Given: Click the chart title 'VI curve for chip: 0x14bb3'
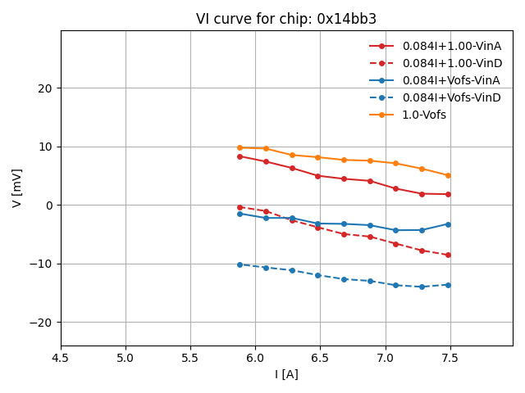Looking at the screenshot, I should pos(286,19).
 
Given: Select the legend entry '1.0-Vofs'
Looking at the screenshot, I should pos(424,115).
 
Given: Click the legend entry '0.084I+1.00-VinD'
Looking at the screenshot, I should pos(452,63).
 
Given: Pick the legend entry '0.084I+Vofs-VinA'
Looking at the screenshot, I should pos(451,80).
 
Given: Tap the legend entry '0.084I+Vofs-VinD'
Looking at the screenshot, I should pos(451,97).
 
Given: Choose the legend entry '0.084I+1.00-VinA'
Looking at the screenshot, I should pos(452,46).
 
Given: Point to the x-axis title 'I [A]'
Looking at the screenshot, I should pos(286,374).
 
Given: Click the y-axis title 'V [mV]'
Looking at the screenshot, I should pos(17,187).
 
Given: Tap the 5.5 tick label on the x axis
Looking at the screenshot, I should pos(190,358).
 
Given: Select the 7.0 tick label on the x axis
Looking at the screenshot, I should pos(386,358).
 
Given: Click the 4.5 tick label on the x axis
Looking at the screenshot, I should pos(61,358).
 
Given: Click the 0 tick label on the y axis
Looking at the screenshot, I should pos(49,206).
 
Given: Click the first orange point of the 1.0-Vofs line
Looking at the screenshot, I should pos(240,147).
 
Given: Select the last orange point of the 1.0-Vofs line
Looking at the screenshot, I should pos(448,175).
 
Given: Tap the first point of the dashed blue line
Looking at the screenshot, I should pos(240,264).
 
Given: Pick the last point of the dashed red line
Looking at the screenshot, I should pos(448,255).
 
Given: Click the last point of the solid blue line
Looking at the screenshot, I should pos(448,224).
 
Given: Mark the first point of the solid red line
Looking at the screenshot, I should pos(240,156).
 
